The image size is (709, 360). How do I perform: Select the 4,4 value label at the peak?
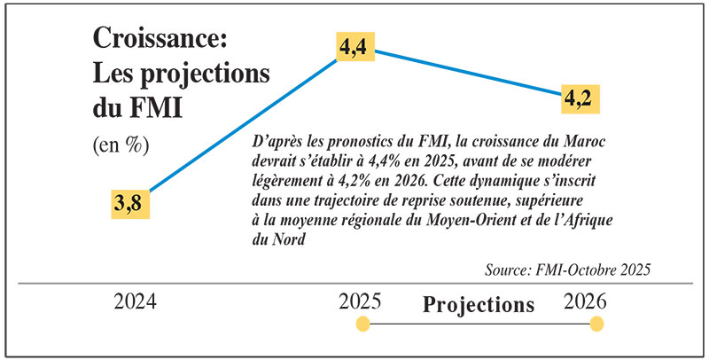pos(355,50)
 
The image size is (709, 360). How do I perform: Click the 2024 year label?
pos(136,301)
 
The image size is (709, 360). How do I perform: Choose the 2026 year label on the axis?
pos(586,301)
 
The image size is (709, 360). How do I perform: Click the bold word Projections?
pos(479,305)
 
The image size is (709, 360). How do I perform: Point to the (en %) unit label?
pos(121,145)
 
